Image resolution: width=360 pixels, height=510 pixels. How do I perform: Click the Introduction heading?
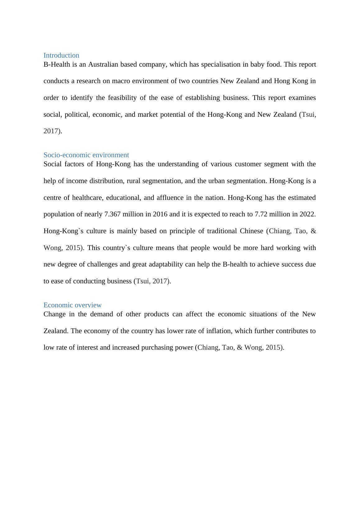(61, 55)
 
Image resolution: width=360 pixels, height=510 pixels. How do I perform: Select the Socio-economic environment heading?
(86, 155)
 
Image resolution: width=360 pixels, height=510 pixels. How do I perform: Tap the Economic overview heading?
(72, 305)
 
